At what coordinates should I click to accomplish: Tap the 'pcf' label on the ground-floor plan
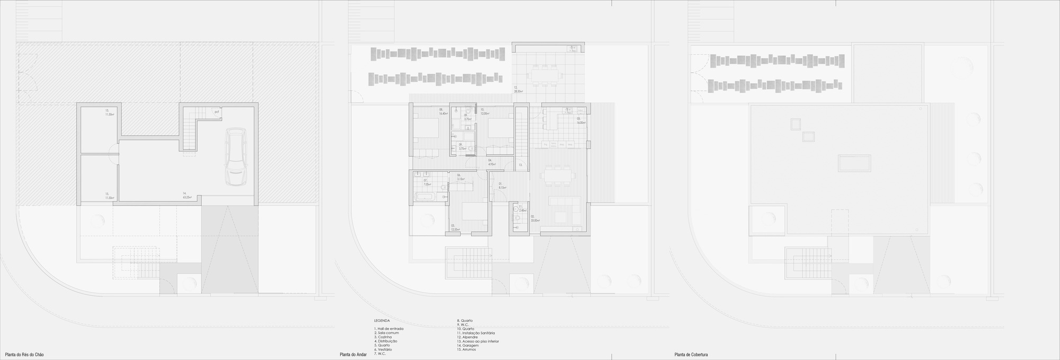[x=217, y=112]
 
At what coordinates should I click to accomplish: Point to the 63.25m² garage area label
[x=186, y=197]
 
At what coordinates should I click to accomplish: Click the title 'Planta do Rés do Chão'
[x=27, y=354]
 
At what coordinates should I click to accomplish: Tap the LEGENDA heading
[x=382, y=321]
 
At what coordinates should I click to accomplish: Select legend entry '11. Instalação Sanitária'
[x=476, y=333]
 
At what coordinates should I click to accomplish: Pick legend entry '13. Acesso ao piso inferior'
[x=478, y=341]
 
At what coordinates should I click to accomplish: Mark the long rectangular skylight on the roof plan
[x=854, y=163]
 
